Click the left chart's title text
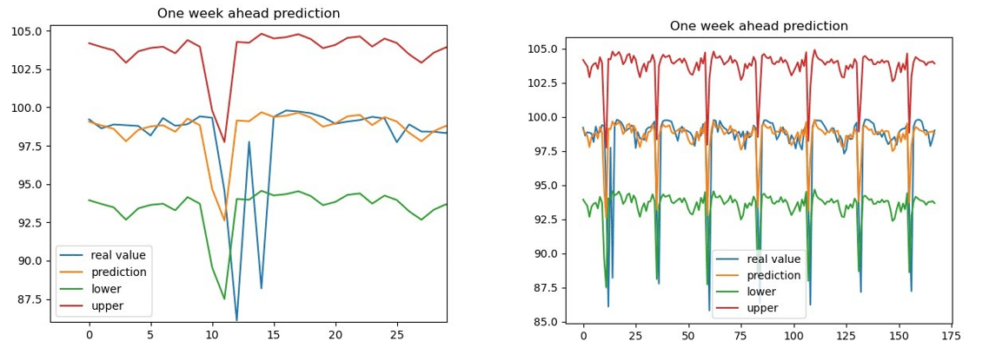(x=249, y=14)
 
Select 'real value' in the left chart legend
(x=118, y=254)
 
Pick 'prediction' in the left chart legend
(x=118, y=272)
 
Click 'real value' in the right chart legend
(x=773, y=259)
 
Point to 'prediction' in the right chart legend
(x=773, y=276)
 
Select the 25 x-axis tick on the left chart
(x=396, y=334)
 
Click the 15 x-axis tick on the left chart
(x=274, y=334)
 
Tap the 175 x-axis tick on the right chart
(x=950, y=334)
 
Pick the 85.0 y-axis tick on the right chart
(x=545, y=322)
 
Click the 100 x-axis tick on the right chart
(x=793, y=334)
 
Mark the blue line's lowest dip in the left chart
(x=236, y=320)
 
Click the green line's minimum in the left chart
(x=224, y=299)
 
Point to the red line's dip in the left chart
(x=224, y=142)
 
